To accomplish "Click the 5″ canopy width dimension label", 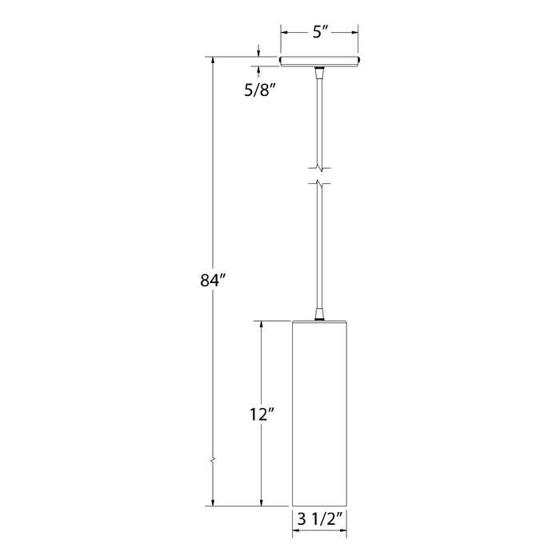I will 318,34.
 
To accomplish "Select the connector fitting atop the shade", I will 319,314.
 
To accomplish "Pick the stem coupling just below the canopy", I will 319,74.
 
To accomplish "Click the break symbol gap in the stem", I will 319,176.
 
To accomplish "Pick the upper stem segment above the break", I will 319,120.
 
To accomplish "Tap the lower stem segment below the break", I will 319,248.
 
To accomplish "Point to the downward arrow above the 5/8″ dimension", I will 258,53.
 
